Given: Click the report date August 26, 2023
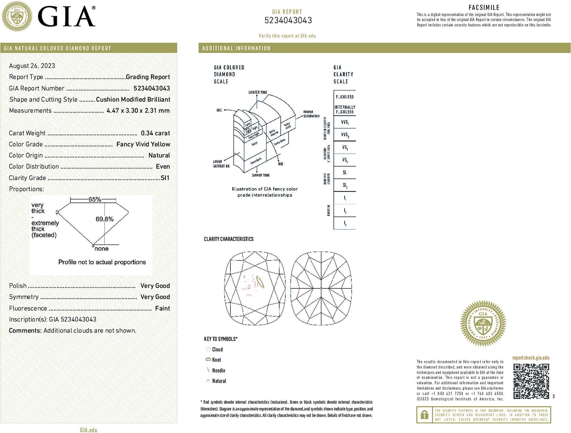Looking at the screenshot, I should (x=32, y=66).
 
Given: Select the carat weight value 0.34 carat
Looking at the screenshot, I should (x=155, y=133).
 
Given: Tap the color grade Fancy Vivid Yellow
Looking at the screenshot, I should (x=143, y=144).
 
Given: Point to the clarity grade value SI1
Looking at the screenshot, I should (x=165, y=178).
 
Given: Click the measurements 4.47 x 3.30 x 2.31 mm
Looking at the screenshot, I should (x=138, y=111).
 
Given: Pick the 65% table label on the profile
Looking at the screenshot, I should (x=95, y=199).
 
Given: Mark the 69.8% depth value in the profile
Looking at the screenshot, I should (x=104, y=219).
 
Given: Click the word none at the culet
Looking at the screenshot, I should (x=102, y=249).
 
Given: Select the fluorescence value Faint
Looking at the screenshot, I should (x=162, y=308).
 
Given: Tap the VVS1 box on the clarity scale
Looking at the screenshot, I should (x=345, y=122).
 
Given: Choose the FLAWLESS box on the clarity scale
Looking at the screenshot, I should (x=345, y=97).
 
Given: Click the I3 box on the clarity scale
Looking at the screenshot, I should (x=345, y=223).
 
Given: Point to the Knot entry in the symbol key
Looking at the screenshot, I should (x=216, y=360).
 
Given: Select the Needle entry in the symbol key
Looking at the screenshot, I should (x=218, y=371).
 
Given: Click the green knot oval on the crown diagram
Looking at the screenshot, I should (x=260, y=282).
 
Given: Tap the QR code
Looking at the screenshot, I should (x=531, y=381).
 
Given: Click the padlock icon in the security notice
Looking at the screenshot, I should (x=424, y=415).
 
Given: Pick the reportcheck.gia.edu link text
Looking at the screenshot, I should (x=531, y=358).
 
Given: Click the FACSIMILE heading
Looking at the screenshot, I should (x=484, y=8).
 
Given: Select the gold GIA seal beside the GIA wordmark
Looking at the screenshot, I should (x=17, y=16).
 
